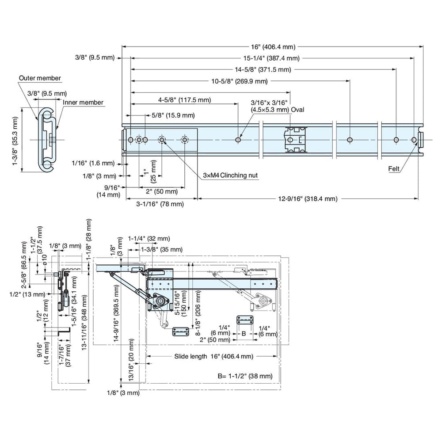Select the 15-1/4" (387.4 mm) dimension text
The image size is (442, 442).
pyautogui.click(x=272, y=58)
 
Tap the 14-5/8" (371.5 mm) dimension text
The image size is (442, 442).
pyautogui.click(x=263, y=69)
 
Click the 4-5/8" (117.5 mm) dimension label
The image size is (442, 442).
pyautogui.click(x=184, y=100)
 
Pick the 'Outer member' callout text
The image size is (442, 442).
pyautogui.click(x=40, y=78)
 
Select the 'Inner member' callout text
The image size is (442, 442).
pyautogui.click(x=83, y=103)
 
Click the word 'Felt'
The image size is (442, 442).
pyautogui.click(x=394, y=168)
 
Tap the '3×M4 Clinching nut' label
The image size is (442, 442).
pyautogui.click(x=230, y=175)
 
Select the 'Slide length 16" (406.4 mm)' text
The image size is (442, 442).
pyautogui.click(x=213, y=356)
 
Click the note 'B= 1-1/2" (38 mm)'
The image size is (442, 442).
pyautogui.click(x=244, y=377)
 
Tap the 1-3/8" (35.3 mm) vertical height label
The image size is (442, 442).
pyautogui.click(x=16, y=140)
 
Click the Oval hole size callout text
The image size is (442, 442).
pyautogui.click(x=277, y=106)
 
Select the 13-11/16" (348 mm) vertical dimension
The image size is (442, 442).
pyautogui.click(x=84, y=322)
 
